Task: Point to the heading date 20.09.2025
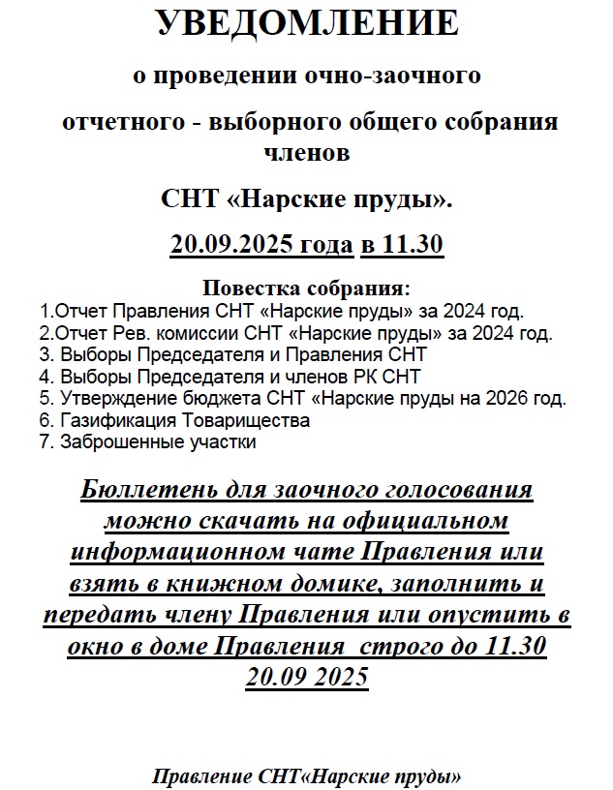231,246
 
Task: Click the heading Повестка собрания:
306,289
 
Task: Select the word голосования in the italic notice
457,490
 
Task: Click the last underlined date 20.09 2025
306,677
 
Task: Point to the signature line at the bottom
306,777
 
